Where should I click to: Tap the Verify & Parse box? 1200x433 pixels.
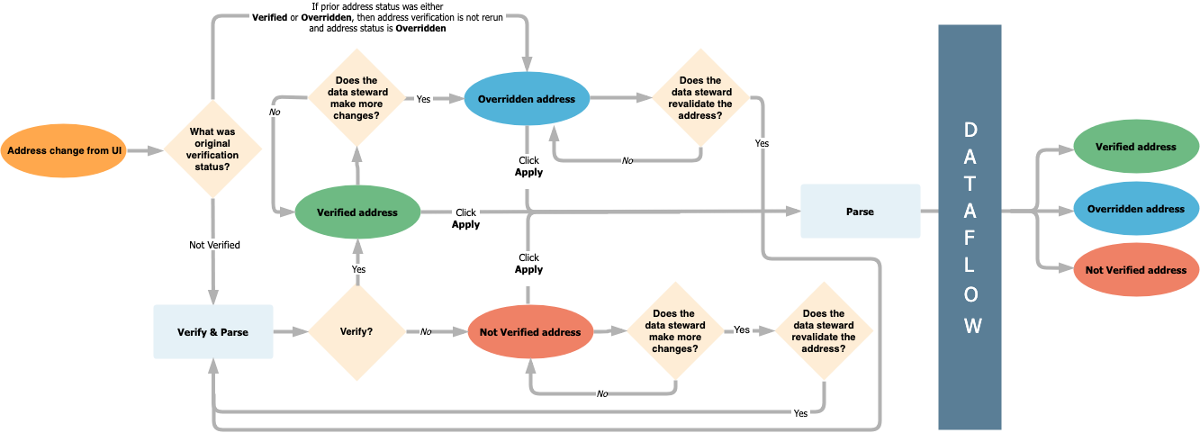click(212, 332)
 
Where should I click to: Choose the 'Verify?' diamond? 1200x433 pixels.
click(357, 331)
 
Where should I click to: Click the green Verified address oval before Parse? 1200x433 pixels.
click(357, 212)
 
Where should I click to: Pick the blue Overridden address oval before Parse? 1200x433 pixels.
click(527, 99)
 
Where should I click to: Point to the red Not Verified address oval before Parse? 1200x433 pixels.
click(530, 332)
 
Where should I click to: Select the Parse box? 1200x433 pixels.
click(860, 212)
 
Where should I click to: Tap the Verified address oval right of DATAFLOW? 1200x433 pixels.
click(1136, 147)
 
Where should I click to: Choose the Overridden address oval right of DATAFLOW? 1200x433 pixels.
click(1136, 209)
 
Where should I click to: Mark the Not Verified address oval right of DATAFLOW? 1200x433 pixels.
click(1136, 270)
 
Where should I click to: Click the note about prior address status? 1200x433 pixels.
click(378, 18)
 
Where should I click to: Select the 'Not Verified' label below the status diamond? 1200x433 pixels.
click(214, 245)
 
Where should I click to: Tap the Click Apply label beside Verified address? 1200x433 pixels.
click(465, 219)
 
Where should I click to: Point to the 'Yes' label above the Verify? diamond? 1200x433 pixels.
click(358, 269)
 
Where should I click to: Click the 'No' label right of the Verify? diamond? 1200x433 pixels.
click(425, 332)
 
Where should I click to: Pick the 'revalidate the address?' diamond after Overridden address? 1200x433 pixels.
click(700, 98)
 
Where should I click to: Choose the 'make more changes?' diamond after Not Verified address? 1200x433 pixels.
click(674, 331)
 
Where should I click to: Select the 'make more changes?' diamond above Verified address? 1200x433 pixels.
click(356, 98)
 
